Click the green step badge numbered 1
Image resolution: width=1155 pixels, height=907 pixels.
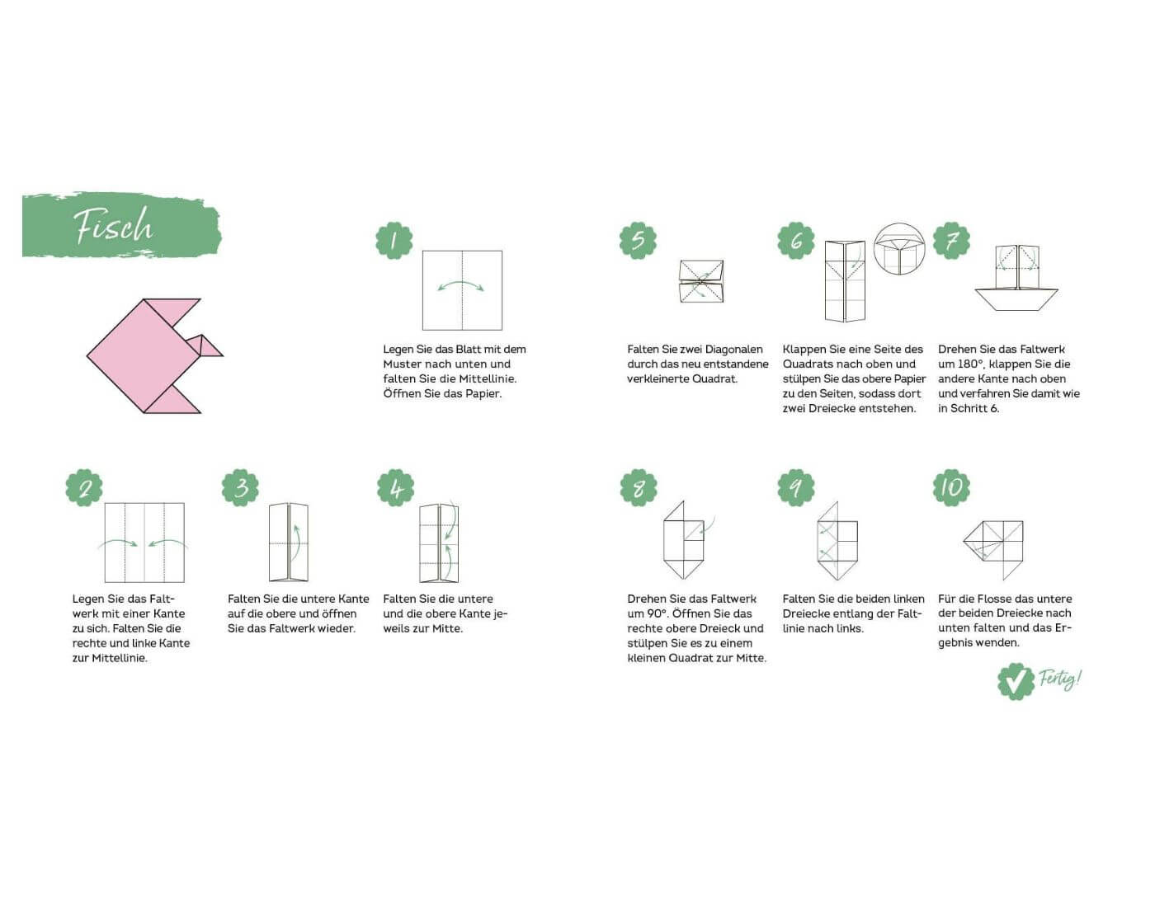[x=394, y=241]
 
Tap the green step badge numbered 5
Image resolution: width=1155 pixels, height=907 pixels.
[x=638, y=241]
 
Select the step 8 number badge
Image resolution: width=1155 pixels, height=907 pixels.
[x=639, y=487]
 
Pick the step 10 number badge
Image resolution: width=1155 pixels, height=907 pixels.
[x=951, y=487]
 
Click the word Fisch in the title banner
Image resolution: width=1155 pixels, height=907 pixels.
[x=113, y=226]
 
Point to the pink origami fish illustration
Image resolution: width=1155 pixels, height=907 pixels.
[x=154, y=355]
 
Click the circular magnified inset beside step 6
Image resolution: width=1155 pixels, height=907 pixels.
[x=899, y=248]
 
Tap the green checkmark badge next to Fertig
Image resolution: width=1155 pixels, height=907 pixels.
[x=1016, y=681]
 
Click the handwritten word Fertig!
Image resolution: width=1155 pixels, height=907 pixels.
[x=1060, y=679]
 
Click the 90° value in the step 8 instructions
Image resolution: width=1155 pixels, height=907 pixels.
[x=656, y=613]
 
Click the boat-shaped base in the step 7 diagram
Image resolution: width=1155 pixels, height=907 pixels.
[x=1016, y=299]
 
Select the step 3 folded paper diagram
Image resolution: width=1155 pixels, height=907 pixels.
[x=289, y=543]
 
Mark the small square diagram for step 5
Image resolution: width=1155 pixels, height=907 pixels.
[x=701, y=281]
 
